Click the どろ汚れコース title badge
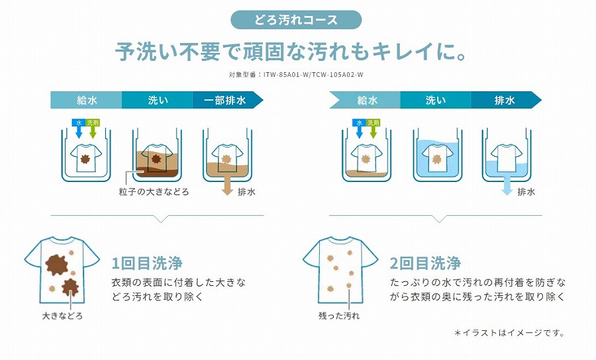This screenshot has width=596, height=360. pos(296,20)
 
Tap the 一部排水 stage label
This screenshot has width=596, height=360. pos(224,100)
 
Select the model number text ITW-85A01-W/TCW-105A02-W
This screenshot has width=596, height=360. pos(314,74)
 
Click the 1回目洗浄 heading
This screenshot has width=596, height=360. pos(147,263)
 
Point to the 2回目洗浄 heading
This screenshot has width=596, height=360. pos(425,263)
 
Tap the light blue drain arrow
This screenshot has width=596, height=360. pos(507,185)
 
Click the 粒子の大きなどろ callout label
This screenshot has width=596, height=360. pos(154,192)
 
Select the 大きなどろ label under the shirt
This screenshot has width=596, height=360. pos(62,316)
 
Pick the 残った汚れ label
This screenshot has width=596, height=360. pos(339,316)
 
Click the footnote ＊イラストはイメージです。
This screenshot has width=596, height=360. pos(509,333)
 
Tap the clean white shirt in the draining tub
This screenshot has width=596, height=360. pos(507,157)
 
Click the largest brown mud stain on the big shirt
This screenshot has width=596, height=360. pos(57,265)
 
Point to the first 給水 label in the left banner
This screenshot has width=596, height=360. pos(87,100)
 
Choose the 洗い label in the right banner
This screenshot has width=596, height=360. pos(436,100)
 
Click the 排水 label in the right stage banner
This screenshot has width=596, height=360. pos(505,100)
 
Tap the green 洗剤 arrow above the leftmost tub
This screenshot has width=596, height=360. pos(93,129)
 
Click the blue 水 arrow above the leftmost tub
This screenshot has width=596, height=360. pos(79,129)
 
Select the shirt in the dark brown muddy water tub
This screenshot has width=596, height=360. pos(156,157)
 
